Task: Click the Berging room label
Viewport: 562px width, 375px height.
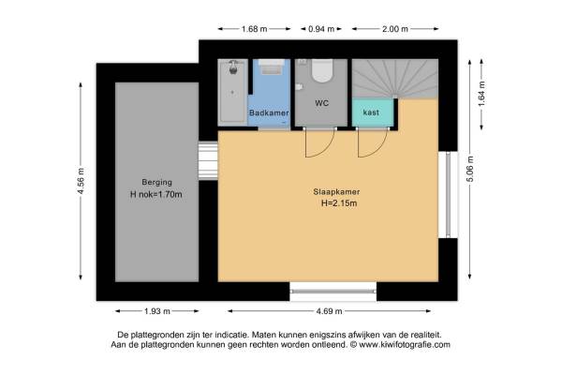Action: coord(156,182)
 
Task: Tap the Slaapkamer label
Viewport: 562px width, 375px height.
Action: coord(336,192)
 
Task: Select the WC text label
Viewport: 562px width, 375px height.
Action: coord(322,103)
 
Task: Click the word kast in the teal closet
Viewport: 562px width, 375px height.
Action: coord(371,112)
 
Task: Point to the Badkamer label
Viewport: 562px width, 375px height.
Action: coord(269,112)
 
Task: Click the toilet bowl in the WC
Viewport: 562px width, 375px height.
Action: coord(322,70)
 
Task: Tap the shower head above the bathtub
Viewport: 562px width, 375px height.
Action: coord(233,67)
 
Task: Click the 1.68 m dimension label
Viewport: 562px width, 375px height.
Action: coord(254,29)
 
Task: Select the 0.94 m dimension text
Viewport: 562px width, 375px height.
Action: coord(321,29)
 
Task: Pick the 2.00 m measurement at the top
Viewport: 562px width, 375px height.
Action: coord(395,29)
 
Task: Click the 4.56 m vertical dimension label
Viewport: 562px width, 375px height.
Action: coord(81,181)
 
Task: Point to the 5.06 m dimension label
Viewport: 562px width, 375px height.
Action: coord(470,169)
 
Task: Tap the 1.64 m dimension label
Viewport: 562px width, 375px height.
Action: coord(481,94)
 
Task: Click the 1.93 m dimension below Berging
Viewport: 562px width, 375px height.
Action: coord(157,311)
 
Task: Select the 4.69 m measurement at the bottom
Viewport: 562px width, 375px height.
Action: coord(329,311)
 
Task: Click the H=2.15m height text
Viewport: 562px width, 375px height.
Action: coord(339,203)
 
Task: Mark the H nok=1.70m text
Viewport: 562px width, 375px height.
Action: coord(155,194)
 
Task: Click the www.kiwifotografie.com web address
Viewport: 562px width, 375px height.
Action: coord(405,345)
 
